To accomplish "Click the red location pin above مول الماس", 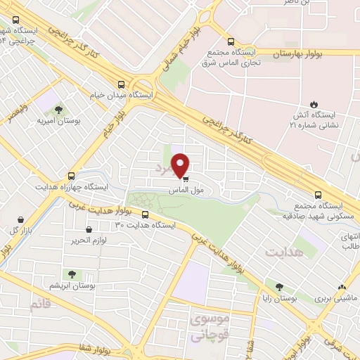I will click(181, 164).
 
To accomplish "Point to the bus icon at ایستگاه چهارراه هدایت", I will click(70, 176).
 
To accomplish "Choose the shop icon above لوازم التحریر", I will click(89, 229).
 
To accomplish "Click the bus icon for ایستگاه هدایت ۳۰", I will click(146, 215).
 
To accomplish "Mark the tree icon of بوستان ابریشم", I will click(70, 274).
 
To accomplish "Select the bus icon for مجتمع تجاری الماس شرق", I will click(231, 41).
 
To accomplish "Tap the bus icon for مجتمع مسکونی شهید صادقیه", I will click(318, 195).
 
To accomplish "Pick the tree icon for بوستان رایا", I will click(281, 287).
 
